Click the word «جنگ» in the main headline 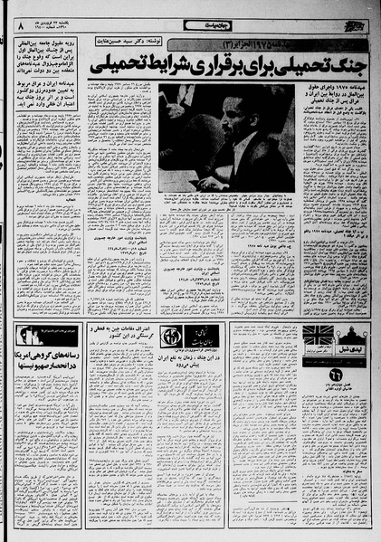coord(345,66)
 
